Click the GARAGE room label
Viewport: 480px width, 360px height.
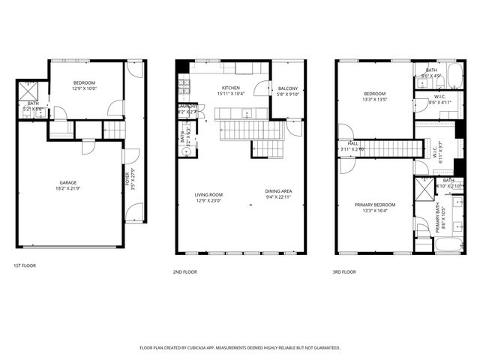pyautogui.click(x=68, y=182)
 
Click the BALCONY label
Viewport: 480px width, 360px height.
pyautogui.click(x=288, y=89)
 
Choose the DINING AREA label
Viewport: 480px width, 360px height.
pyautogui.click(x=278, y=191)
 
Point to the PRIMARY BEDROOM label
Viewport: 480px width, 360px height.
pyautogui.click(x=375, y=205)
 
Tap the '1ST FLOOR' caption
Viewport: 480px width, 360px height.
pyautogui.click(x=24, y=265)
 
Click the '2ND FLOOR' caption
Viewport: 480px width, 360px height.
pyautogui.click(x=184, y=272)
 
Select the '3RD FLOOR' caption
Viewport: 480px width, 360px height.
pyautogui.click(x=345, y=272)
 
